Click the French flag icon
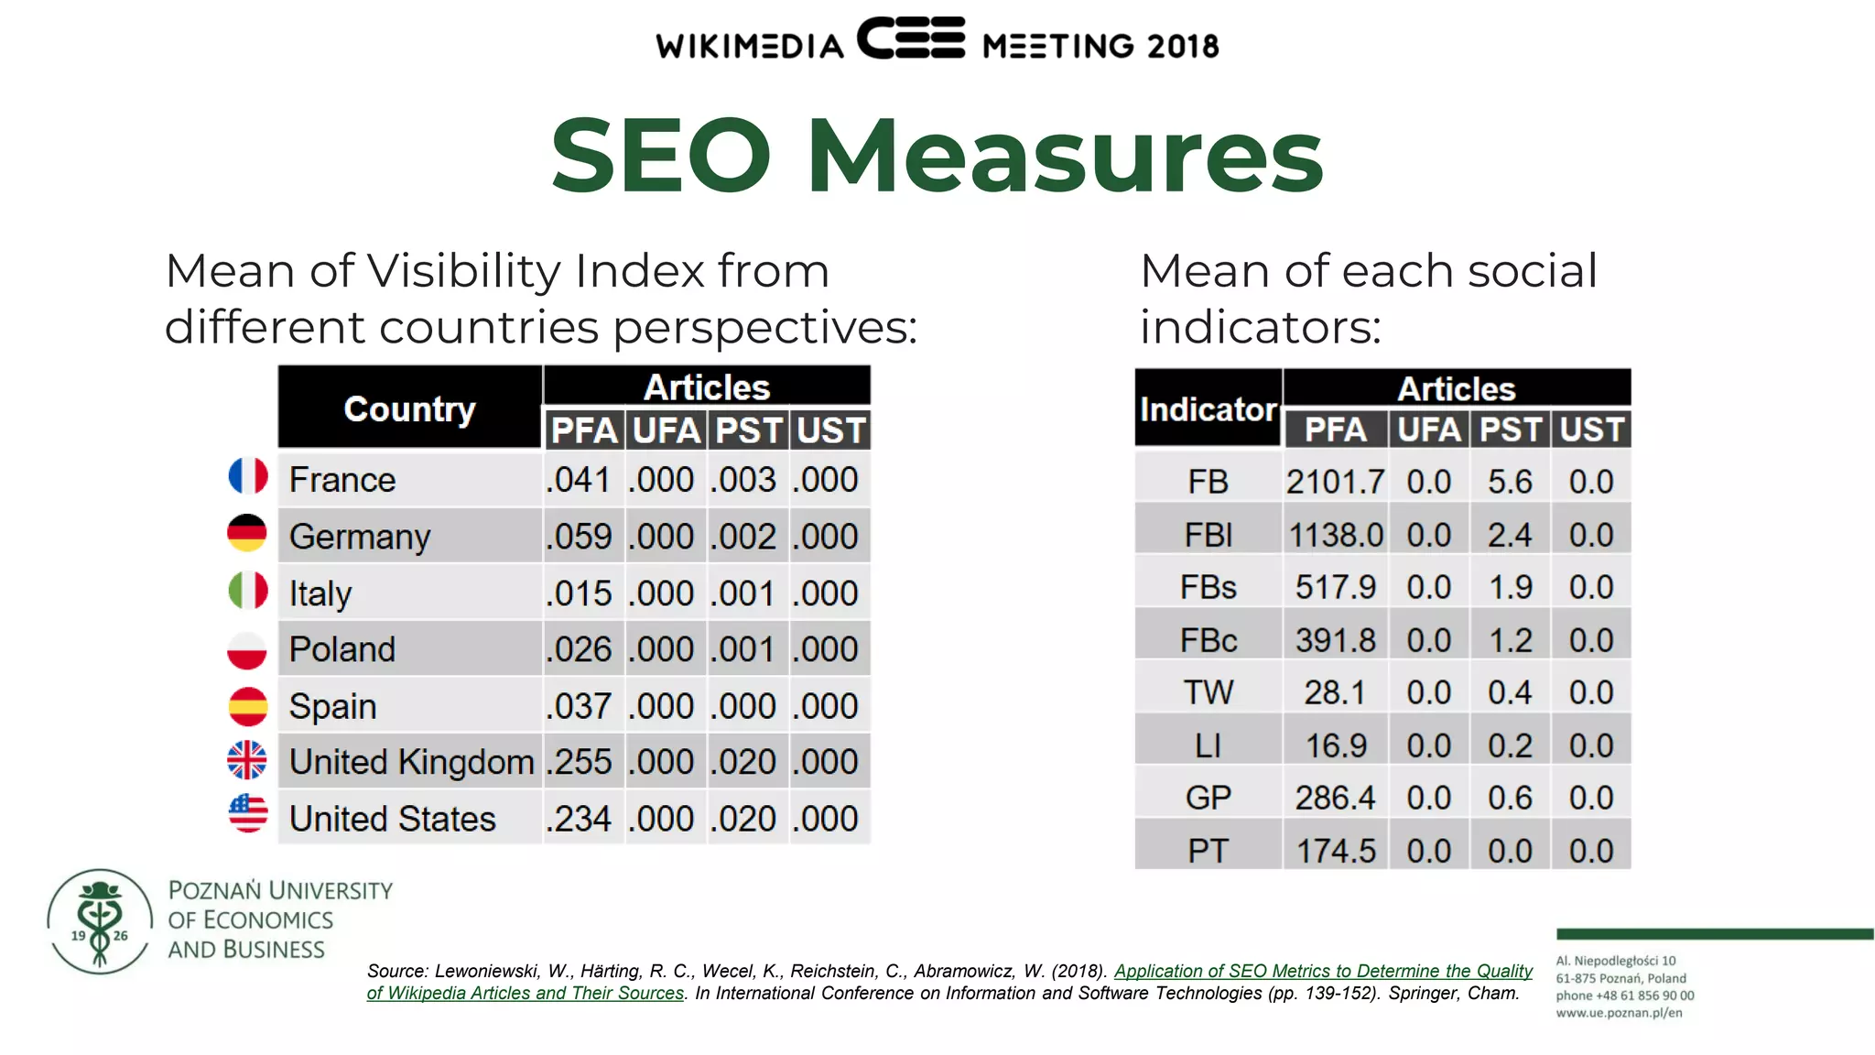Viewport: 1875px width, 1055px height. pyautogui.click(x=247, y=476)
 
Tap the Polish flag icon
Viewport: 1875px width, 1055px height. pyautogui.click(x=247, y=649)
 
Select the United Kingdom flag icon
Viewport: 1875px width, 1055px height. pyautogui.click(x=247, y=760)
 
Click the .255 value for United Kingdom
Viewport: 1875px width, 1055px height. pyautogui.click(x=580, y=762)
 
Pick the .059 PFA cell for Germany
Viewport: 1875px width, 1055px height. pyautogui.click(x=580, y=537)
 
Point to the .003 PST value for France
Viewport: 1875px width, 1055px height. pyautogui.click(x=746, y=480)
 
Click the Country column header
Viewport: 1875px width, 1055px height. pyautogui.click(x=409, y=408)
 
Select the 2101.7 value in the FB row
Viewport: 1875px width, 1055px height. pyautogui.click(x=1335, y=482)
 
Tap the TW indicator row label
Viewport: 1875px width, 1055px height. pyautogui.click(x=1208, y=692)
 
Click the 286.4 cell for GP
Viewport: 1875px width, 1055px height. pyautogui.click(x=1335, y=798)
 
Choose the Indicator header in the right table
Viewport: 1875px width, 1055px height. pyautogui.click(x=1208, y=409)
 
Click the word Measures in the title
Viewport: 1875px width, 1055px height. pyautogui.click(x=1064, y=156)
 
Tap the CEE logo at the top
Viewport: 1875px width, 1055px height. pyautogui.click(x=911, y=39)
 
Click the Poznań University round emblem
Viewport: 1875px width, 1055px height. pyautogui.click(x=100, y=921)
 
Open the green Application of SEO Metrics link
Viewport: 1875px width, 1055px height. pyautogui.click(x=1322, y=971)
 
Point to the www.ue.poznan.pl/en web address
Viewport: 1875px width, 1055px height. pyautogui.click(x=1619, y=1013)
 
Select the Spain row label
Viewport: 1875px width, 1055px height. pyautogui.click(x=333, y=706)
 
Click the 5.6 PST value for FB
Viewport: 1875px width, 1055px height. pyautogui.click(x=1510, y=482)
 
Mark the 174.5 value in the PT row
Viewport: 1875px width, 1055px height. pyautogui.click(x=1335, y=851)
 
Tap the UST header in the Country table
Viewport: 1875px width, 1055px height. pyautogui.click(x=829, y=430)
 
